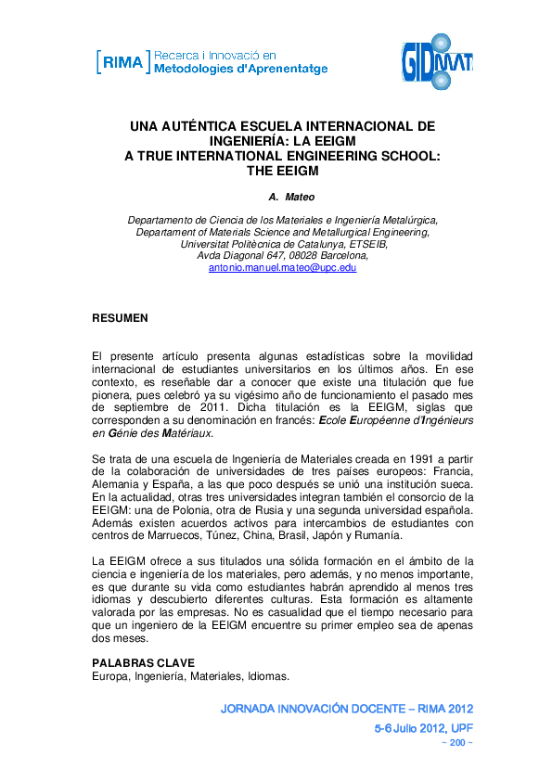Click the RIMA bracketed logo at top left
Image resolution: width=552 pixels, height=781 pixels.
(x=122, y=63)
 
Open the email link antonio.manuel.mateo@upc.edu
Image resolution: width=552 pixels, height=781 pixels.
(x=282, y=267)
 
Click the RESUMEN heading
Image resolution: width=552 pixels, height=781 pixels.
(x=120, y=317)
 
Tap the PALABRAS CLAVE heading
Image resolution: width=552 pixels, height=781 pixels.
(x=143, y=663)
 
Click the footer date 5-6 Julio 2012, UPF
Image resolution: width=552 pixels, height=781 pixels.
(x=423, y=728)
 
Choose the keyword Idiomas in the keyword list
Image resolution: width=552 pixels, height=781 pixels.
(x=268, y=676)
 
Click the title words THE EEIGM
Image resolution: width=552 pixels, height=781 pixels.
(x=282, y=171)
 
